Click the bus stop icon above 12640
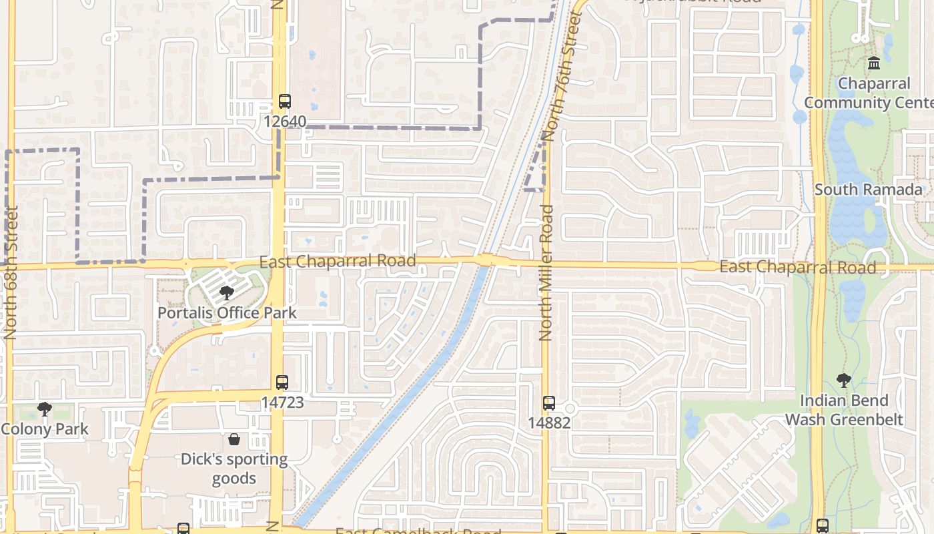click(x=285, y=101)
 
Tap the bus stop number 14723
click(x=282, y=403)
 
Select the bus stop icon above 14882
click(x=549, y=403)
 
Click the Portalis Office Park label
click(x=227, y=312)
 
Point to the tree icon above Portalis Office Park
click(x=227, y=292)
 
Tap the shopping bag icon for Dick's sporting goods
click(x=234, y=439)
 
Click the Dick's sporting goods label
click(x=234, y=469)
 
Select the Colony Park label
click(x=45, y=429)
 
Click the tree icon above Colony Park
click(x=45, y=409)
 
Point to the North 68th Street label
click(x=10, y=272)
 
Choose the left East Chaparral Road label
click(x=338, y=261)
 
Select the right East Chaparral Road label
click(x=797, y=267)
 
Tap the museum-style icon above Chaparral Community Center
click(x=874, y=63)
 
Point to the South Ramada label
click(x=868, y=190)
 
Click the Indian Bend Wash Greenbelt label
click(x=844, y=410)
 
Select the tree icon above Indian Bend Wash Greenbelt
click(x=844, y=380)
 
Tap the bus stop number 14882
click(x=549, y=423)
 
